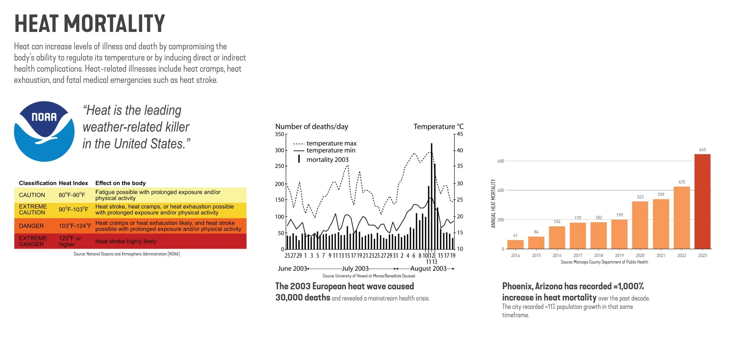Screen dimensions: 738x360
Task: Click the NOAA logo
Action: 44,131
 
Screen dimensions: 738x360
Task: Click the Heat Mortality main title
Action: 90,23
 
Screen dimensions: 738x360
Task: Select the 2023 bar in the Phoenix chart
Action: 702,201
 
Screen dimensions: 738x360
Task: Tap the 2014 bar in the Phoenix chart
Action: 515,244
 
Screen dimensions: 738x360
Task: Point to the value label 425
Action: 681,182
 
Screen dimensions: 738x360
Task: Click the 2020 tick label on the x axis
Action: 640,255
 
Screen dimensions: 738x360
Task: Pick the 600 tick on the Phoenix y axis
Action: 500,161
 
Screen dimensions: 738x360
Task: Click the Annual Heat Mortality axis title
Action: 493,203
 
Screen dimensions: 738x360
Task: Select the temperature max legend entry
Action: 325,143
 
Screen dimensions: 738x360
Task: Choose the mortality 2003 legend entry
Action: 323,159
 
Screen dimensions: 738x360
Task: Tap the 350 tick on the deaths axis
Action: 279,134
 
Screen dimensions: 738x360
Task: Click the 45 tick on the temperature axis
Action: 460,134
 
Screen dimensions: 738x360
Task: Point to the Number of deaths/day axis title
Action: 312,126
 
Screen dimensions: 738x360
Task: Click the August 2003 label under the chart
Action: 428,268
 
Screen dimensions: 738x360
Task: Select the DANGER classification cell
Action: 32,226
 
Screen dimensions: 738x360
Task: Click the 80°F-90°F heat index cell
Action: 72,195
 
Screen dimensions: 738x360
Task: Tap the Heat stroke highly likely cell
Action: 126,241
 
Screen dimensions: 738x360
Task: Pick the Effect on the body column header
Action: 120,183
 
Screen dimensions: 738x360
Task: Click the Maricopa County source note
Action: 604,262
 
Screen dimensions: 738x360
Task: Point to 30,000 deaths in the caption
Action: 303,297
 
